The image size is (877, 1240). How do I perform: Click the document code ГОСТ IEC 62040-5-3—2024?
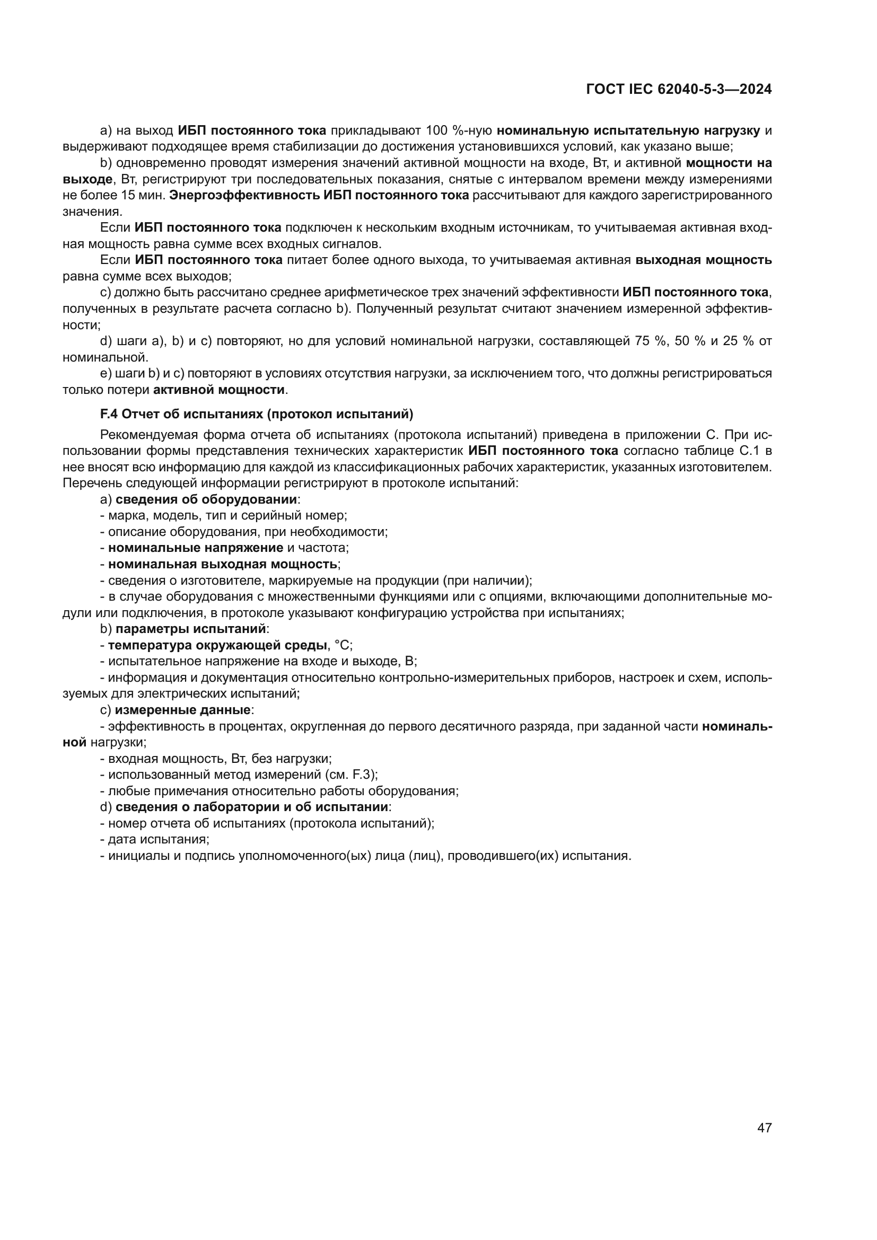[679, 89]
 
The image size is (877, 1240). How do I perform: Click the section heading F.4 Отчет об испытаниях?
[257, 414]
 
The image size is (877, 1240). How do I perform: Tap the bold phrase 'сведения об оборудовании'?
[206, 499]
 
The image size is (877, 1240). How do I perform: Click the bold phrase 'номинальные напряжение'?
[196, 548]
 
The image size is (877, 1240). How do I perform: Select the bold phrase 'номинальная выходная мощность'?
[223, 564]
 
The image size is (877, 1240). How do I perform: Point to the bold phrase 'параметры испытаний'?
[191, 629]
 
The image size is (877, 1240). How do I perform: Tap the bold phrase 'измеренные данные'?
[182, 710]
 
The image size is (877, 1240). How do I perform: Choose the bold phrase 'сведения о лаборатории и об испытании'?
[252, 807]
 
